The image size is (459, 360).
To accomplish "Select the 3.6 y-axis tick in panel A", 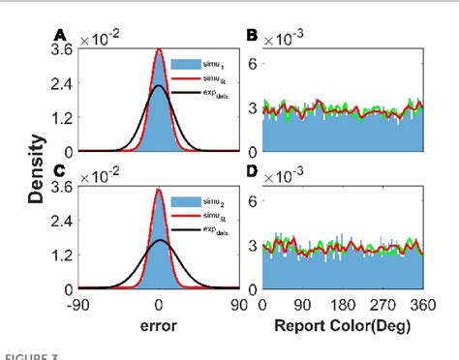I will pyautogui.click(x=61, y=55).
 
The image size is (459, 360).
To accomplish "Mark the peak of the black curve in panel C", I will pyautogui.click(x=160, y=240).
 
